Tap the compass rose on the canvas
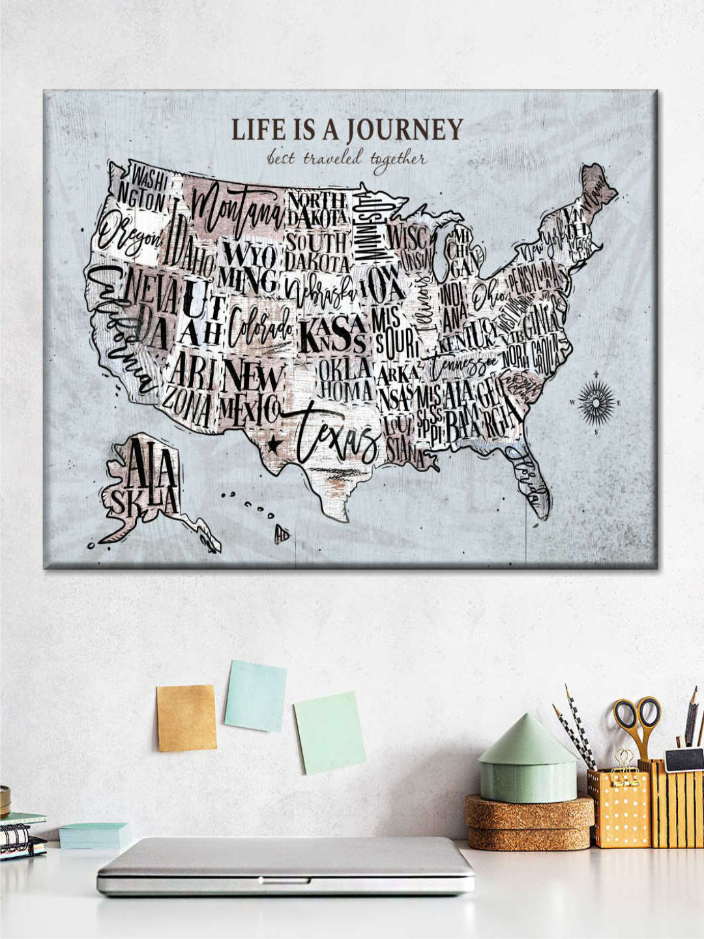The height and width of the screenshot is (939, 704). [x=596, y=402]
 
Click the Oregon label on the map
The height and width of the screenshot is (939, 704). [x=129, y=236]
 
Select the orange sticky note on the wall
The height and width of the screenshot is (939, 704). [x=186, y=717]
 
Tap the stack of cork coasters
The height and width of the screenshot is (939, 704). [x=529, y=822]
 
